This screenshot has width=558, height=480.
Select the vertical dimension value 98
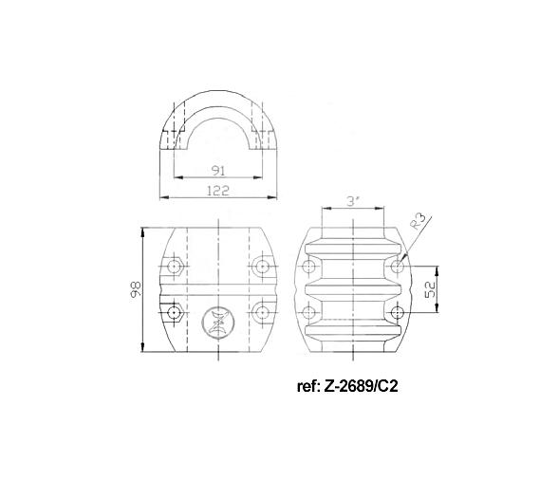tap(136, 288)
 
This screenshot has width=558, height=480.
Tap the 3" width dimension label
tap(351, 201)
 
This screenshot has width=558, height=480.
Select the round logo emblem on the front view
tap(217, 319)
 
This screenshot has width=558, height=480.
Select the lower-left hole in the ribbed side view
tap(307, 312)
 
